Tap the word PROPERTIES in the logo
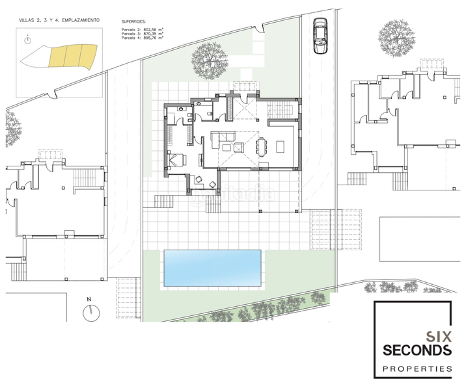click(x=417, y=369)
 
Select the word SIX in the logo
click(x=439, y=336)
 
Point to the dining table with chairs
click(x=262, y=146)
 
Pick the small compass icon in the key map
click(x=27, y=40)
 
